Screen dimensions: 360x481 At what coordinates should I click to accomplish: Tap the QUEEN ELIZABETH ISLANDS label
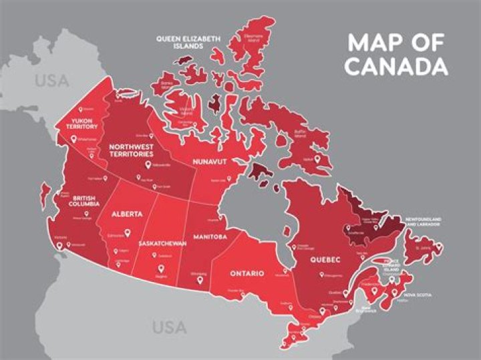(x=188, y=43)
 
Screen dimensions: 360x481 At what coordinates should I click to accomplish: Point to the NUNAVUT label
(x=211, y=162)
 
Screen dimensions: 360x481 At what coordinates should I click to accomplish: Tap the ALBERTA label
(x=127, y=214)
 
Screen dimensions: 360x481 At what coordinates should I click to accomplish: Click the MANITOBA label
(x=210, y=236)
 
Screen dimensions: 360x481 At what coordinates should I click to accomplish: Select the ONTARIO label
(x=247, y=274)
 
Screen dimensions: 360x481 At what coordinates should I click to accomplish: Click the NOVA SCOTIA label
(x=418, y=295)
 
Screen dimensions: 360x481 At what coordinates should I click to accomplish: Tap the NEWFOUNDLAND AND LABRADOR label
(x=422, y=221)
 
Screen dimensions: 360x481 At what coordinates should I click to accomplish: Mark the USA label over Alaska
(x=51, y=81)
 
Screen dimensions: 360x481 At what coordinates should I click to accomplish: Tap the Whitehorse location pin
(x=74, y=139)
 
